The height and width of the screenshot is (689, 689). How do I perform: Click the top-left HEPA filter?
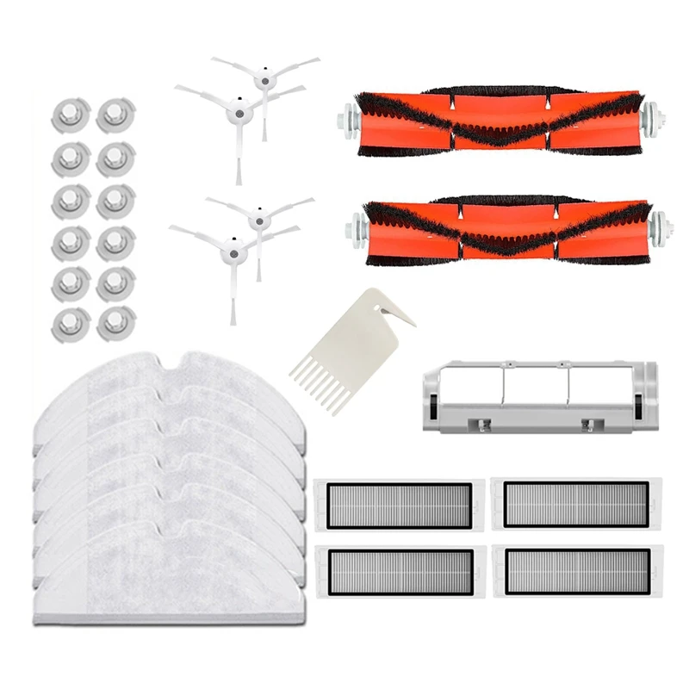(394, 505)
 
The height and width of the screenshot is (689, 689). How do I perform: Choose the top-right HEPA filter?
(569, 505)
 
